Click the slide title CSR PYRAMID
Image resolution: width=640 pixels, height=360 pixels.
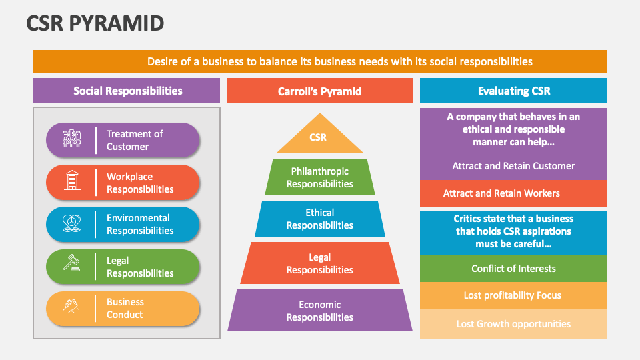95,23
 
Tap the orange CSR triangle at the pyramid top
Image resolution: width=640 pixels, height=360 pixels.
319,139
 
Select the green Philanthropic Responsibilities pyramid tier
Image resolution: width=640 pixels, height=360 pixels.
319,177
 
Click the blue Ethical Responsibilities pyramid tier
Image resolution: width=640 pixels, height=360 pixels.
319,219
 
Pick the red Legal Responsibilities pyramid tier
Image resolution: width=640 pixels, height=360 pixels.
319,263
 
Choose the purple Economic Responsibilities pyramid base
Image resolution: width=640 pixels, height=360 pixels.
319,311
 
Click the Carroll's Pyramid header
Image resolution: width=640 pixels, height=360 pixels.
319,91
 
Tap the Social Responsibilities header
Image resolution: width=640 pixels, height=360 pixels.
127,91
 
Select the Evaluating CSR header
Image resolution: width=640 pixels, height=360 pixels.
513,91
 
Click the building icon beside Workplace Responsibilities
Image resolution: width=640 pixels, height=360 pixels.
71,182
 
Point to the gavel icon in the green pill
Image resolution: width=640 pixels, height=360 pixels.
71,266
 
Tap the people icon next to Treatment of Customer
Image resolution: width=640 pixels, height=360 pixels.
71,139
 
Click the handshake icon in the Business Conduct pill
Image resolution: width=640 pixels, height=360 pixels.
71,307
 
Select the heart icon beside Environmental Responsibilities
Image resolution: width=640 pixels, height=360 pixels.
71,224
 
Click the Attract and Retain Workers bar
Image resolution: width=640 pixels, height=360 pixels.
513,193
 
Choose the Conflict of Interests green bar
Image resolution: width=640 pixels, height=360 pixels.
513,269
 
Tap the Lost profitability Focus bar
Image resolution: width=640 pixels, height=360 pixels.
513,295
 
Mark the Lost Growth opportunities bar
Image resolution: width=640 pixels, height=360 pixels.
513,324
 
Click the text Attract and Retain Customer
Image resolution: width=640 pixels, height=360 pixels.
513,166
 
